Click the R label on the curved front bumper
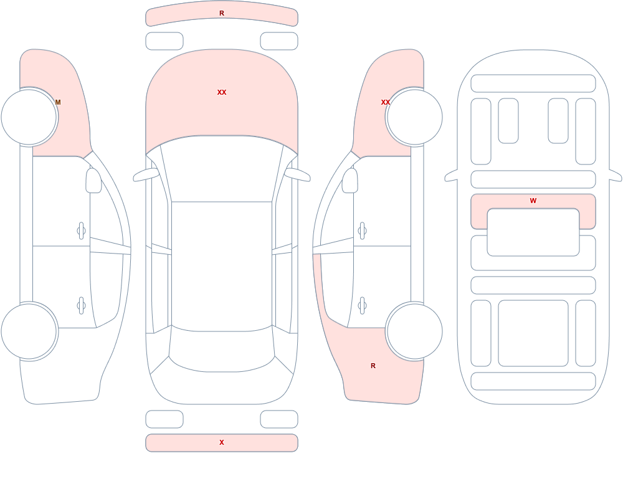coord(222,13)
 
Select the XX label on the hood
coord(222,92)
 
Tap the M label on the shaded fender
coord(58,102)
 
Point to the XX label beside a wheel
coord(386,102)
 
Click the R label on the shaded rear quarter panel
coord(373,366)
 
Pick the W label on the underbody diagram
coord(533,201)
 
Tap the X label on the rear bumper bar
coord(222,442)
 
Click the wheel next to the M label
coord(29,117)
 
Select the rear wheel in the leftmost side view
coord(29,331)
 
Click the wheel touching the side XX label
coord(414,117)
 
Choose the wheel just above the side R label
coord(414,331)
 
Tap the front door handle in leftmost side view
coord(81,231)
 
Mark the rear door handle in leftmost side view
coord(81,306)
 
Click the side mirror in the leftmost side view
coord(94,181)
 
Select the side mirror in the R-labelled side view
coord(350,181)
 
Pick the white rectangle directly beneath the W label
coord(533,232)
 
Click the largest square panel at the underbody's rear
coord(533,333)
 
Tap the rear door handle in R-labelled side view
coord(362,306)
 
